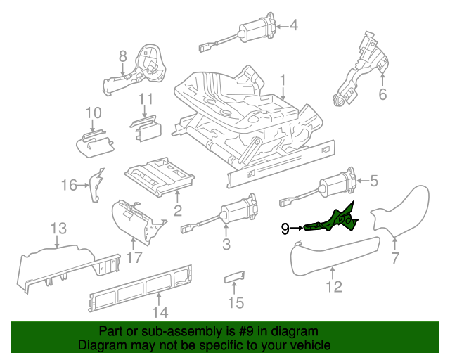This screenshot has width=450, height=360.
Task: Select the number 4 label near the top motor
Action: [294, 26]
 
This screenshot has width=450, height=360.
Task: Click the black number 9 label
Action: [285, 228]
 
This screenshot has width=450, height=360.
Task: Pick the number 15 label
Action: [236, 302]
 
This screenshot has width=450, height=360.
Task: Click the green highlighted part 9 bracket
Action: [334, 220]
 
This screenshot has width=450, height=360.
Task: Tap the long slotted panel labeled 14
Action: [141, 289]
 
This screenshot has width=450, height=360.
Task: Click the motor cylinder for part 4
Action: [252, 32]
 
